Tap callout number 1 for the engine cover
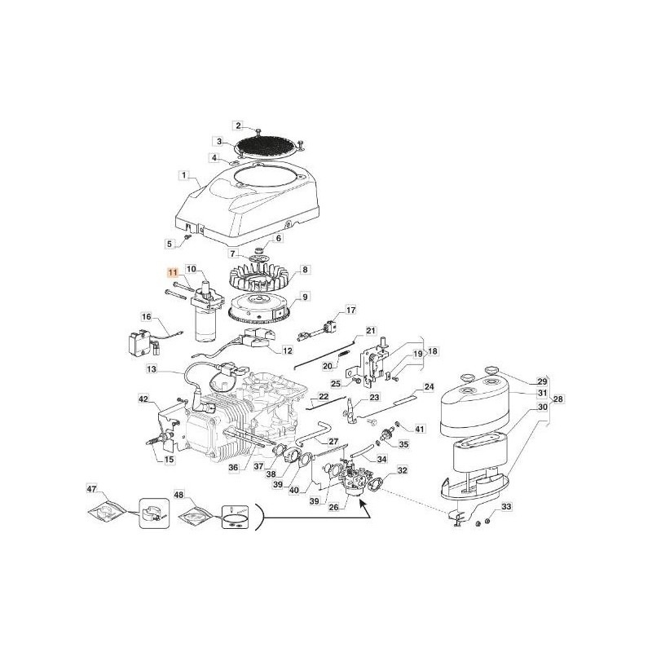[184, 174]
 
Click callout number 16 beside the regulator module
[147, 316]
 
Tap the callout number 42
[144, 399]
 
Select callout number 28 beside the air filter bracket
[557, 399]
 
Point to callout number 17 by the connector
[350, 311]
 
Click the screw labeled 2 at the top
[258, 131]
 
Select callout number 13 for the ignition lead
[152, 369]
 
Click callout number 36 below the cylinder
[233, 467]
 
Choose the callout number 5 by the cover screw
[170, 243]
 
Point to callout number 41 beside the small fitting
[421, 429]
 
